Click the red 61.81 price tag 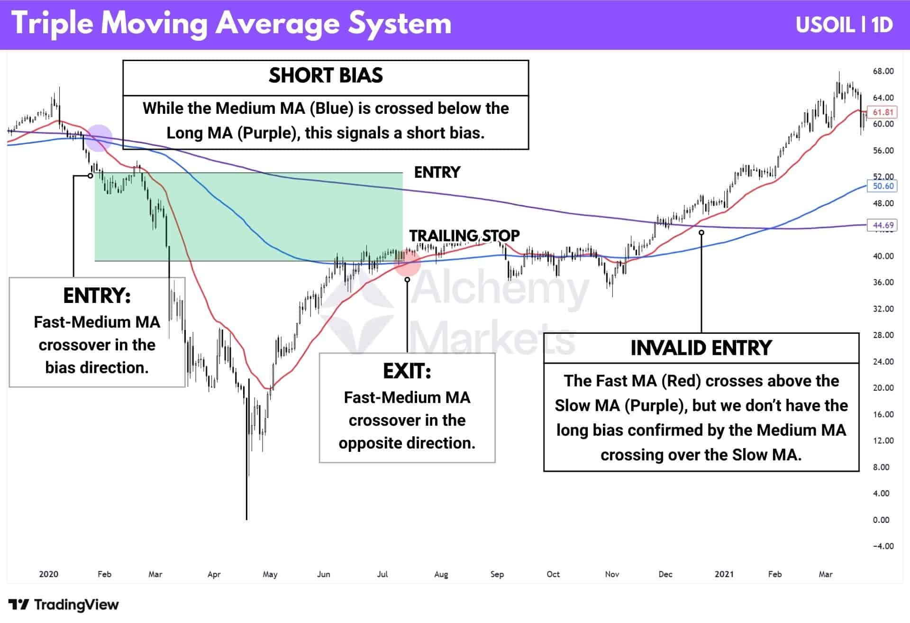click(883, 112)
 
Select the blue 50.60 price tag click(883, 186)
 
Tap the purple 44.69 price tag click(883, 225)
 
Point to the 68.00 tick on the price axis click(883, 71)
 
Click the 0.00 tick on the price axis click(881, 520)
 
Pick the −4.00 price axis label click(883, 546)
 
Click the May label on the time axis click(270, 574)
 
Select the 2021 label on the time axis click(724, 574)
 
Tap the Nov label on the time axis click(612, 574)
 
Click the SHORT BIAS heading click(326, 76)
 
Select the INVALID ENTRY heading click(701, 348)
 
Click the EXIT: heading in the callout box click(407, 372)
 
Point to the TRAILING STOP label click(464, 236)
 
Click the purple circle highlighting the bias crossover click(99, 138)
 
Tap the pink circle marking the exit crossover click(408, 263)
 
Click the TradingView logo click(64, 605)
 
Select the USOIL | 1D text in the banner click(844, 25)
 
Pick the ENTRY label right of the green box click(437, 172)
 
